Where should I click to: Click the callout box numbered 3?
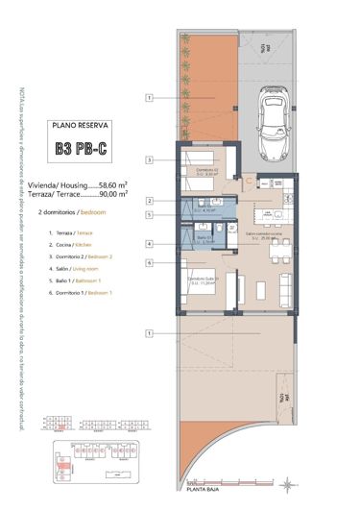click(x=149, y=159)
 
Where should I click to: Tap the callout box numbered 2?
click(x=149, y=201)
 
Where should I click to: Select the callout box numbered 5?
click(x=149, y=215)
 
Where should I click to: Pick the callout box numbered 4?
click(x=149, y=244)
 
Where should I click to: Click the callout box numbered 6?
click(x=149, y=262)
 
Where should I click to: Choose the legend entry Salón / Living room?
click(x=77, y=269)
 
